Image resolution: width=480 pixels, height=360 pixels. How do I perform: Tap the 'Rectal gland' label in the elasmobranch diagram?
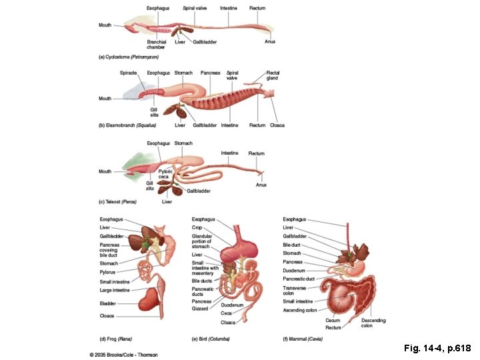click(x=273, y=75)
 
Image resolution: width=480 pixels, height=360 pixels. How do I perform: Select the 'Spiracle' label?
click(x=128, y=73)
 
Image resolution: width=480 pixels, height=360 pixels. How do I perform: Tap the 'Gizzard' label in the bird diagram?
click(x=199, y=309)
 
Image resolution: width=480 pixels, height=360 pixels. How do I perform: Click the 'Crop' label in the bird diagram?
click(x=197, y=227)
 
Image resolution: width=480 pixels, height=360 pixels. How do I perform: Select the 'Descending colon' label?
click(x=373, y=323)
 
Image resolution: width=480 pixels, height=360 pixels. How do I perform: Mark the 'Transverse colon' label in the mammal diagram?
click(x=294, y=290)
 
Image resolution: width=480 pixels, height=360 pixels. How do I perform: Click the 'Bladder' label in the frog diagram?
click(x=107, y=303)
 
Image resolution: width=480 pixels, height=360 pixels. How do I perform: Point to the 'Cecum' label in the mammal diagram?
click(x=333, y=320)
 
